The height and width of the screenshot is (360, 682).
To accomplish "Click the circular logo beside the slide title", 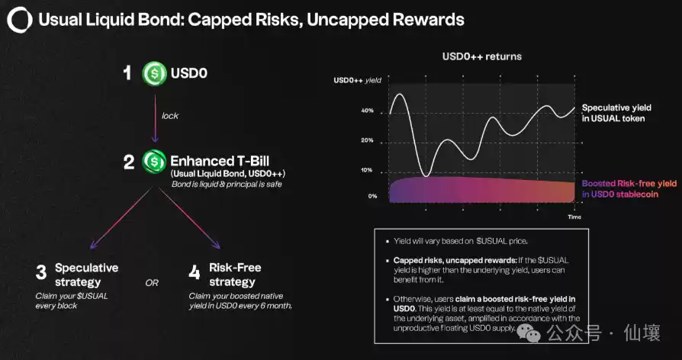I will pos(19,20).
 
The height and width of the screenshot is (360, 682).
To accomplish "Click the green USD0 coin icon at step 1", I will pos(155,74).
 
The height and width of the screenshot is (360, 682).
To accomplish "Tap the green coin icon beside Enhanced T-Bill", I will pos(154,161).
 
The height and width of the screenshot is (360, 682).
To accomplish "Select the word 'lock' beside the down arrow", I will pos(170,117).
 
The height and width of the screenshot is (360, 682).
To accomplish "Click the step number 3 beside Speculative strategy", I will pos(41,272).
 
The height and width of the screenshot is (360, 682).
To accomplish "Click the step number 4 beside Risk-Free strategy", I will pos(194,272).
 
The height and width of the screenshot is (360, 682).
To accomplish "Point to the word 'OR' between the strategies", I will pos(152,283).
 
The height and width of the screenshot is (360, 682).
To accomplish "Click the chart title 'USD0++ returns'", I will pos(481,56).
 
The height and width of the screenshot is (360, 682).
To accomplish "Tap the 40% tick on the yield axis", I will pos(367,111).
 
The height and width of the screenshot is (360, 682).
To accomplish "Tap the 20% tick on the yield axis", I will pos(367,140).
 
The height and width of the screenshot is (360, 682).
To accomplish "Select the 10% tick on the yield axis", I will pos(367,169).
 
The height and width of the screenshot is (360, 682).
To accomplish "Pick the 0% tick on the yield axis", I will pos(372,196).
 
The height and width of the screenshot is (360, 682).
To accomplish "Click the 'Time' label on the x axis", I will pos(574,217).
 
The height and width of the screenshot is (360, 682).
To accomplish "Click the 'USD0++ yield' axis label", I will pos(357,80).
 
